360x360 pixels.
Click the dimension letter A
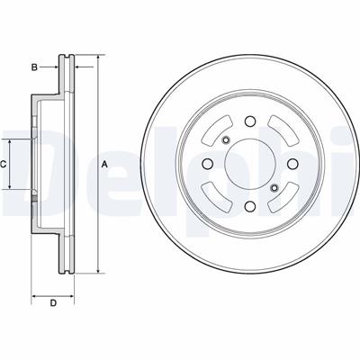tap(104, 164)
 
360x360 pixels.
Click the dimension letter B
tap(34, 67)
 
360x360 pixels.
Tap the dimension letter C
tap(3, 164)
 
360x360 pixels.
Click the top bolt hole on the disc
tap(250, 121)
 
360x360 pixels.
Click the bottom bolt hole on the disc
tap(250, 206)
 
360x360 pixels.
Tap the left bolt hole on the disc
tap(207, 164)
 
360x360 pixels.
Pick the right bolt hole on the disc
tap(292, 164)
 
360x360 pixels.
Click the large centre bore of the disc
tap(250, 164)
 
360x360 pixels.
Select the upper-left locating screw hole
tap(226, 139)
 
